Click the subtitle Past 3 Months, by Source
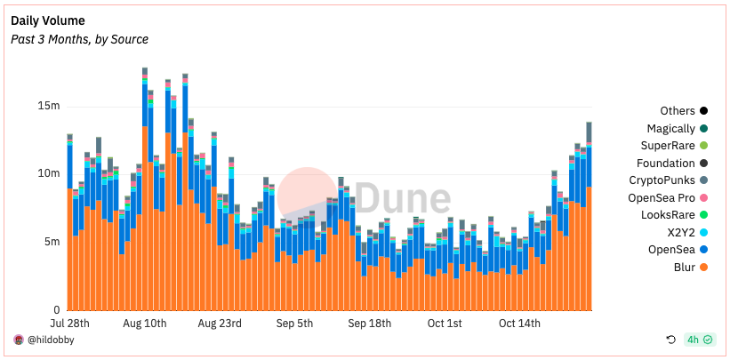(x=79, y=39)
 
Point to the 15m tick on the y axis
(x=47, y=106)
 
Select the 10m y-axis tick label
(x=47, y=173)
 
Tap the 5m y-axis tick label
(x=51, y=242)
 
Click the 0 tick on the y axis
(x=56, y=309)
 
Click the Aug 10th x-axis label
(x=144, y=323)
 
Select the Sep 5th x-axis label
(x=294, y=323)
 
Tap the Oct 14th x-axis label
(x=519, y=323)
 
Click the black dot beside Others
(x=703, y=111)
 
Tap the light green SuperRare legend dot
(x=703, y=146)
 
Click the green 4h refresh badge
(x=699, y=340)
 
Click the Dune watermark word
(x=403, y=197)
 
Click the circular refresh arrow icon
(x=671, y=340)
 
